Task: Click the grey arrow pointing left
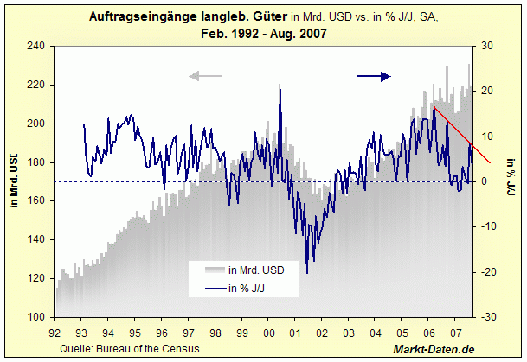205,76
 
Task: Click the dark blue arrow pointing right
374,76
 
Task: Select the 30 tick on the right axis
486,46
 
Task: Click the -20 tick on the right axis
486,272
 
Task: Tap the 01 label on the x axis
295,332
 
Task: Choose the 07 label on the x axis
456,332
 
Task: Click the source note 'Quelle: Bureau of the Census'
130,348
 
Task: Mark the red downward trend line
462,135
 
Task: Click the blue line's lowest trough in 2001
307,273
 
